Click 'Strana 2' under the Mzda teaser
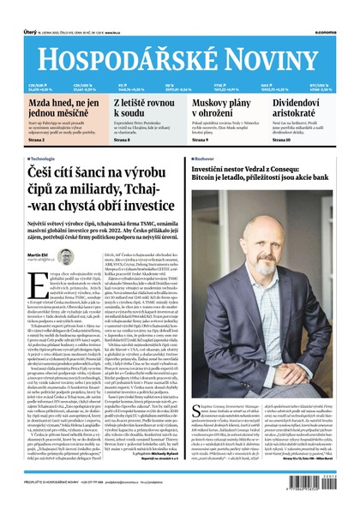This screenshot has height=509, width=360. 27,140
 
